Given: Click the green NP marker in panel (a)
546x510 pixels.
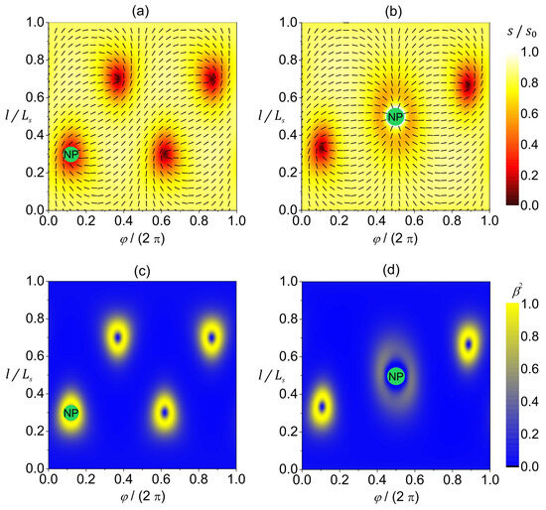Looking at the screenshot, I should coord(70,154).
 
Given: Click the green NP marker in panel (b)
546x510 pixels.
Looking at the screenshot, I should coord(395,117).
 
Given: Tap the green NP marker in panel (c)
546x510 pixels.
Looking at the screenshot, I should coord(70,413).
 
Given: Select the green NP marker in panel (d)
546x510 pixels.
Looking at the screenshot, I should coord(395,377).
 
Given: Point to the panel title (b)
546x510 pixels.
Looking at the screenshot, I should coord(394,10).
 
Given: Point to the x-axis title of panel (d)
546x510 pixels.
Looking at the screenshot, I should coord(395,498).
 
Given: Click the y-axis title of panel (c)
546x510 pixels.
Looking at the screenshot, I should coord(13,373).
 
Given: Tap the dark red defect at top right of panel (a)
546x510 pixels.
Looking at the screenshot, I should coord(211,78).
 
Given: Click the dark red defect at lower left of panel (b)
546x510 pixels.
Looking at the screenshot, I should coord(322,148).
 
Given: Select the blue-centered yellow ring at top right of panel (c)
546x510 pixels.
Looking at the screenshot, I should coord(211,337).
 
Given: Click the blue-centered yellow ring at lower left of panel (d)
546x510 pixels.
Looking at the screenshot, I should coord(322,407).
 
